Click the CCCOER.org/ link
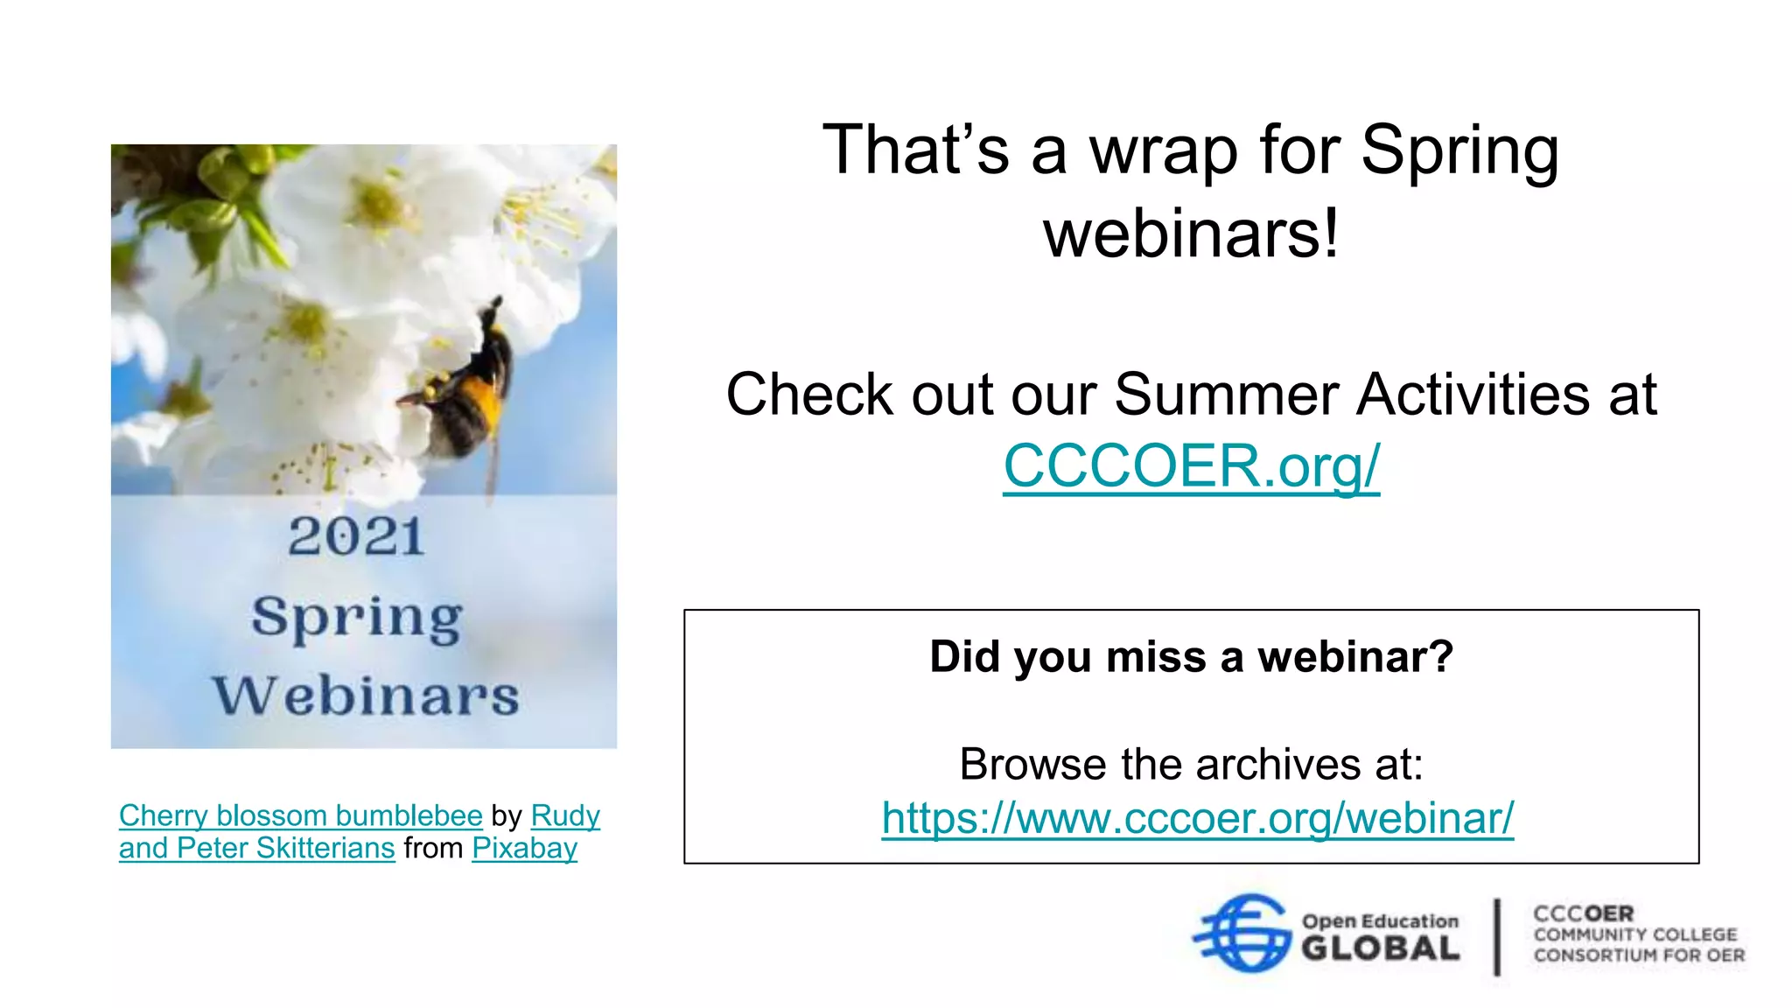(1191, 465)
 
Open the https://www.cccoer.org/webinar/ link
(1197, 818)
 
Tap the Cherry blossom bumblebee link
(300, 815)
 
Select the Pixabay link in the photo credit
(524, 848)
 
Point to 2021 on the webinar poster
(356, 536)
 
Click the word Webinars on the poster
(366, 696)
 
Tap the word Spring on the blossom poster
(357, 618)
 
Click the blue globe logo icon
(1243, 933)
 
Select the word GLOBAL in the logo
(1380, 948)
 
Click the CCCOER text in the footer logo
(1583, 913)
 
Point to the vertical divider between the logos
(1497, 936)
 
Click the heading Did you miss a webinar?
(1191, 656)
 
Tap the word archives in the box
(1269, 764)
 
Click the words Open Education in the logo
(1380, 921)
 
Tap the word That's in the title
(915, 150)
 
